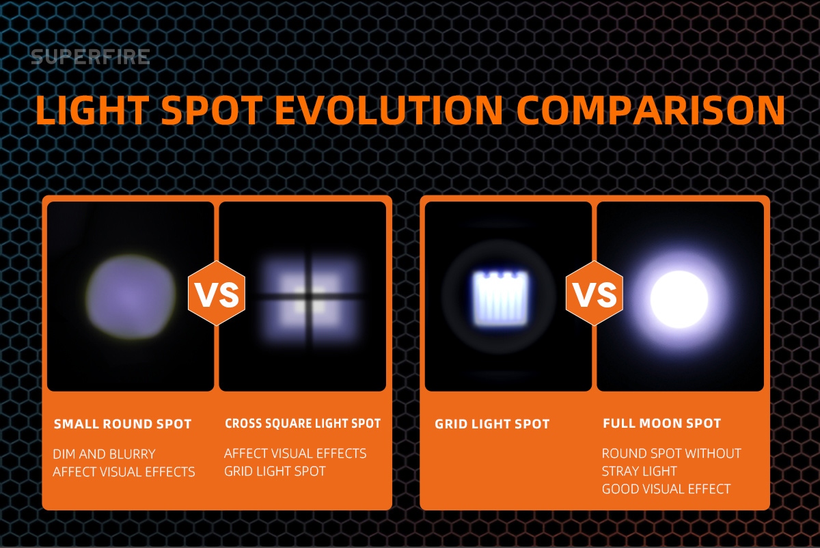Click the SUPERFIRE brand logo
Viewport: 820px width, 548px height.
tap(90, 57)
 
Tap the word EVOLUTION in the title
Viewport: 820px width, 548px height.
tap(389, 110)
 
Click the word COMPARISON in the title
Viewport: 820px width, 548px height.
tap(651, 110)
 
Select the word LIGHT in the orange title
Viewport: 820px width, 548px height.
tap(92, 110)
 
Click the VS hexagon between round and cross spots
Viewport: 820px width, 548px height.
tap(217, 293)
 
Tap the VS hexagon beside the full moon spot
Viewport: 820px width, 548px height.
tap(594, 293)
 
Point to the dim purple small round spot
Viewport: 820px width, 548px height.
tap(131, 297)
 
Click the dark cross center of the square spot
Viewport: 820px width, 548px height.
tap(308, 295)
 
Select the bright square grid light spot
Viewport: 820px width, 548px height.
tap(500, 299)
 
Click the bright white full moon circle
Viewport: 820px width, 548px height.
tap(679, 299)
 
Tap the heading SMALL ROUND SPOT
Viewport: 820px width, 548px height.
tap(122, 424)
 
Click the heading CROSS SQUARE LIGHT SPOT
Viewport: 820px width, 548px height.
tap(303, 424)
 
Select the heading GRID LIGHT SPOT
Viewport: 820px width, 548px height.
tap(492, 424)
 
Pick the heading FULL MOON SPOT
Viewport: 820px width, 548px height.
tap(662, 424)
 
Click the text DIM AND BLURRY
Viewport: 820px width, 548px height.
tap(105, 454)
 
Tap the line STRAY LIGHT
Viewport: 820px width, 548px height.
tap(640, 471)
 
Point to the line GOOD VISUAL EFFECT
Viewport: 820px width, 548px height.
tap(666, 489)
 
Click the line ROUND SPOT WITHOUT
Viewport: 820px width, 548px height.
tap(672, 454)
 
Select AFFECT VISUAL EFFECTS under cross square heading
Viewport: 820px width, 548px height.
tap(295, 454)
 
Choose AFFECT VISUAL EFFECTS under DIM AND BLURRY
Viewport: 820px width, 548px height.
tap(124, 472)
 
